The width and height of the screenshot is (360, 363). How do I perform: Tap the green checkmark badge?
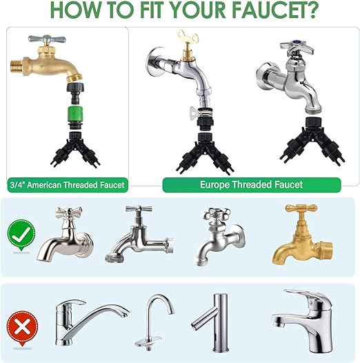tap(21, 235)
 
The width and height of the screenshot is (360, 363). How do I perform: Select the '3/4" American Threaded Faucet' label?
tap(68, 185)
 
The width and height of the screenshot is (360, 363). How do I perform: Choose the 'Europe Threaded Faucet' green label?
tap(252, 185)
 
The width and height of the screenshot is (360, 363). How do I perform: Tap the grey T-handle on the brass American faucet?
tap(47, 39)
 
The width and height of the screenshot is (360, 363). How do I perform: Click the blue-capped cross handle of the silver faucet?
tap(297, 48)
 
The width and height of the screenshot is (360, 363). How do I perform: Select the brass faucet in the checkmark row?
tap(303, 235)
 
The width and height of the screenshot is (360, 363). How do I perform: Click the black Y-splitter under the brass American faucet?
tap(75, 149)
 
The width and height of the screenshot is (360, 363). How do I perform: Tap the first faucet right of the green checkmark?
tap(66, 235)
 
